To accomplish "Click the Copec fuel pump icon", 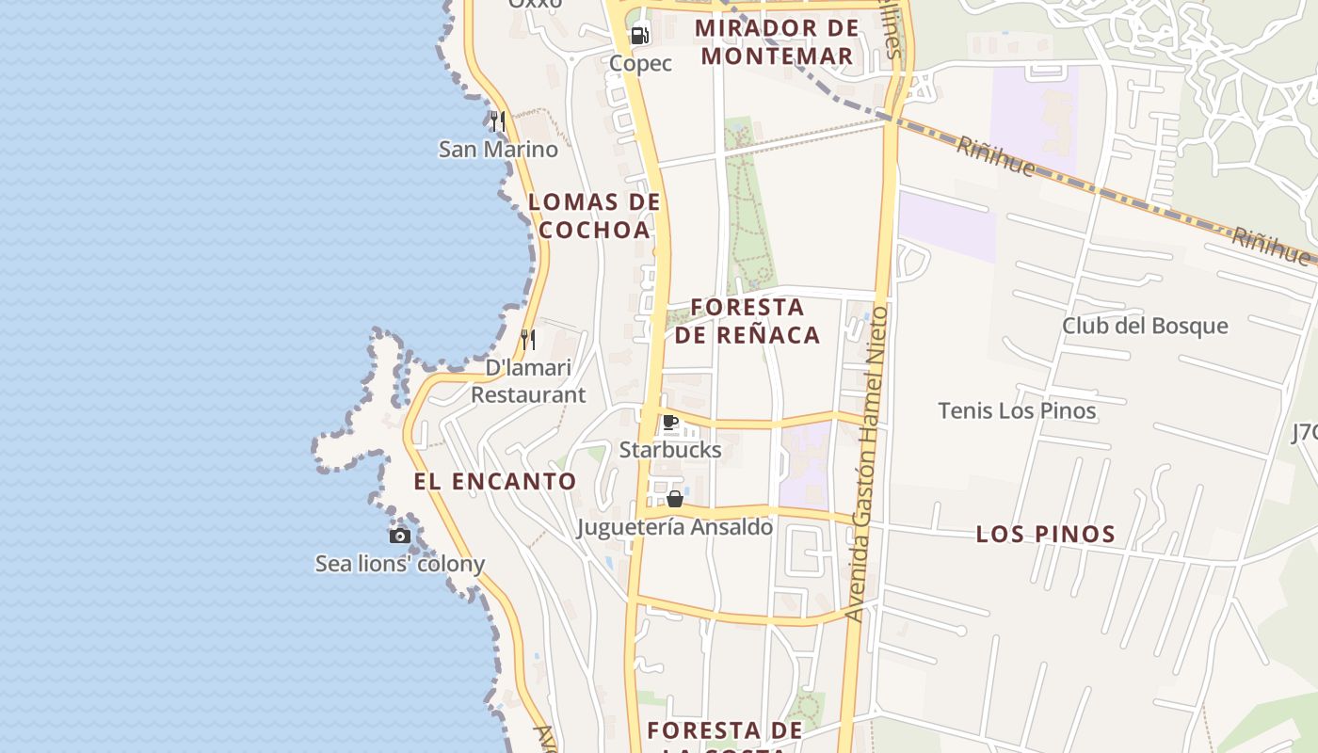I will (x=639, y=37).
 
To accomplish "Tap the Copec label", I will (x=640, y=63).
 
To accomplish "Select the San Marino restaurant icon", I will (x=498, y=121).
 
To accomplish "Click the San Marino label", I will (x=498, y=149).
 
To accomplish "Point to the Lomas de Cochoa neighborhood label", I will (x=594, y=216).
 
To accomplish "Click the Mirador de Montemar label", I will (x=777, y=41).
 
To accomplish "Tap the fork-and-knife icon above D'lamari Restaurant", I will (x=528, y=339).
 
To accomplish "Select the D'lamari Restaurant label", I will (x=528, y=381).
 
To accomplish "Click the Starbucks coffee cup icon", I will (x=669, y=422).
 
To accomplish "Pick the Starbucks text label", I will (x=670, y=449).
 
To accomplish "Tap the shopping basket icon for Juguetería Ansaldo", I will (x=675, y=499).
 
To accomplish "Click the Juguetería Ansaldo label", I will (x=675, y=527).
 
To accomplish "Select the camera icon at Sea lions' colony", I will (x=400, y=536).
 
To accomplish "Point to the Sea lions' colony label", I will (x=400, y=564).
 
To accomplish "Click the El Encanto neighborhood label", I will (x=495, y=481).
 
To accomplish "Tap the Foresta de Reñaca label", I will (x=747, y=321).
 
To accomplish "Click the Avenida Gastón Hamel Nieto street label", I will (x=867, y=463).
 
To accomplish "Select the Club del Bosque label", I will (x=1145, y=326).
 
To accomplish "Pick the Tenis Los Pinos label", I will (x=1017, y=410).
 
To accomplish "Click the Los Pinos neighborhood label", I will (x=1045, y=534).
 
